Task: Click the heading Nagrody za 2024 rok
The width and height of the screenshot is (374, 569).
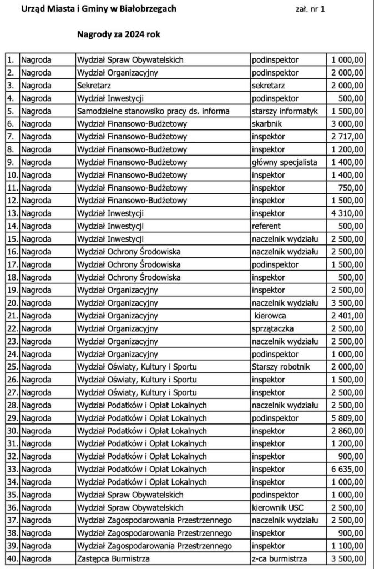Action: click(119, 34)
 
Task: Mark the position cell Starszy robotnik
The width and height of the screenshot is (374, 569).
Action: click(280, 366)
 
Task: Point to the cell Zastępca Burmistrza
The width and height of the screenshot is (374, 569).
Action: click(114, 558)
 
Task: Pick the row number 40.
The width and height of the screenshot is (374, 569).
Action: click(12, 558)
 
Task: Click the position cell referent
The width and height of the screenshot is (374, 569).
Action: click(266, 226)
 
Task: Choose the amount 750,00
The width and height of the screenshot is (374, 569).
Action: click(352, 187)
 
